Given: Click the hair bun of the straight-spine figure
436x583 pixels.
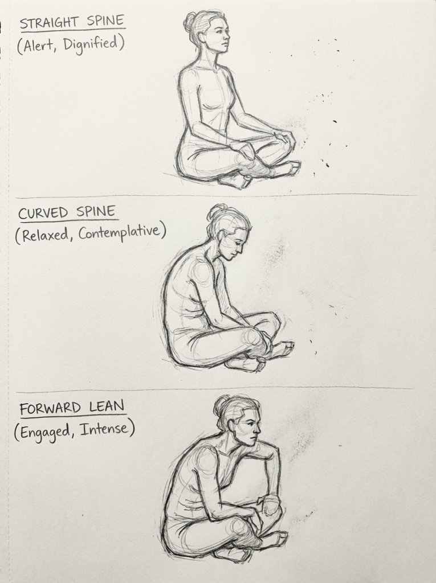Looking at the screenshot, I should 190,22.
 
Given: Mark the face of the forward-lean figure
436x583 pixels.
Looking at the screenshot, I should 248,426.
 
